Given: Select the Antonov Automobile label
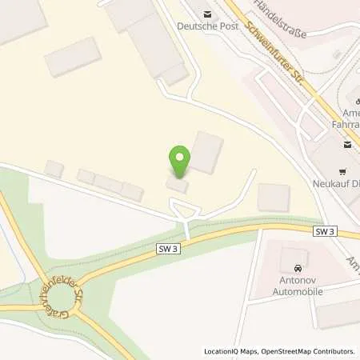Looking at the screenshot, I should pos(298,286).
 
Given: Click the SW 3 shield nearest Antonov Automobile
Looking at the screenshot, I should pos(322,231).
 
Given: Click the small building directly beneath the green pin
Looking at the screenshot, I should pos(178,186).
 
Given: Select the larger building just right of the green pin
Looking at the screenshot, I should pos(206,152).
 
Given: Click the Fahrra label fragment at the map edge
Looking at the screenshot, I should pos(345,125).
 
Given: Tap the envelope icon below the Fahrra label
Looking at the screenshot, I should pos(348,145).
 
